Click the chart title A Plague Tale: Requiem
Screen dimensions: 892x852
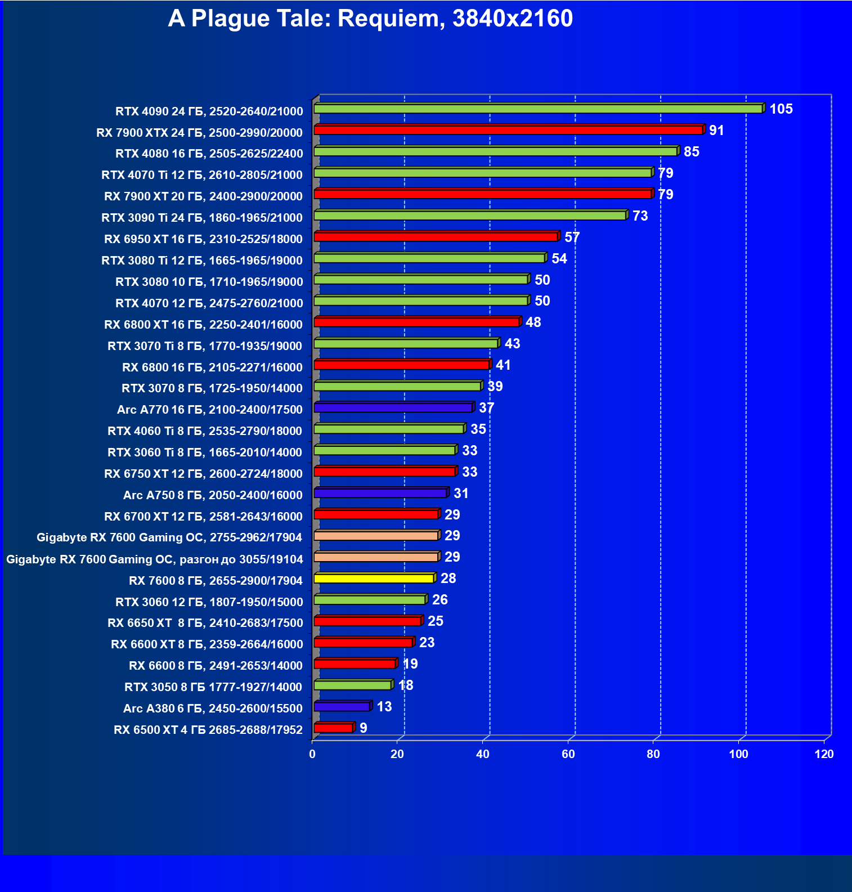coord(370,19)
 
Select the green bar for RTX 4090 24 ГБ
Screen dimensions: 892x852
coord(538,109)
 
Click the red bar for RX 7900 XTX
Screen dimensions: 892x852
coord(508,130)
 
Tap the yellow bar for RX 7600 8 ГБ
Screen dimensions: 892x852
coord(374,579)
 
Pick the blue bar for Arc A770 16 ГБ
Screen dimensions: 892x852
coord(393,407)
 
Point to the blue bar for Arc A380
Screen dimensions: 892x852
coord(342,706)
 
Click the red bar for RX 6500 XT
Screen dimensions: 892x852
coord(333,728)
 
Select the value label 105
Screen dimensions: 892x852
coord(781,109)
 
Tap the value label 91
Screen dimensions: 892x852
coord(716,130)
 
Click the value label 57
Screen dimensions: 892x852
coord(572,237)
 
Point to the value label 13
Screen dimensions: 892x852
coord(384,706)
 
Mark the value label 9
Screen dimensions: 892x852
coord(363,728)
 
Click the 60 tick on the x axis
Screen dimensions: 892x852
coord(568,754)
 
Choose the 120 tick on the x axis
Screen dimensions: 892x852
coord(824,754)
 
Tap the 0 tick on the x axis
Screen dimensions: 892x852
coord(312,754)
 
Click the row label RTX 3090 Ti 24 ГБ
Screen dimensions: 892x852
coord(201,217)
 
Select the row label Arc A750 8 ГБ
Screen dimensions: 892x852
coord(213,495)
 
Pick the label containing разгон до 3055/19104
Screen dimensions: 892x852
coord(155,559)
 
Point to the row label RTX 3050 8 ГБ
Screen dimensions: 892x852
coord(213,687)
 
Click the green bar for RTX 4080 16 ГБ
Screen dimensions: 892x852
coord(495,151)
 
